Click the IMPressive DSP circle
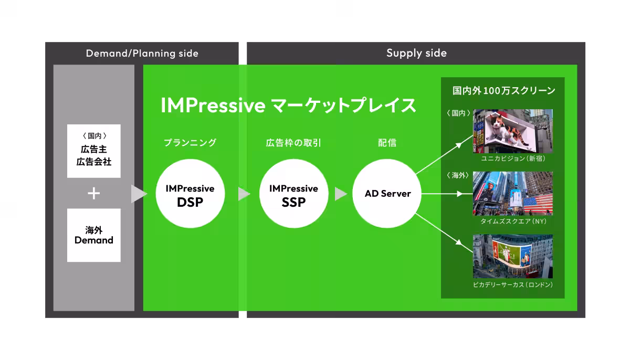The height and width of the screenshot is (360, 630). pyautogui.click(x=190, y=194)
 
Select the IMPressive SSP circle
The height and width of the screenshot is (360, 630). pyautogui.click(x=293, y=194)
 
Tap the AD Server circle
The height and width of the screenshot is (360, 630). pyautogui.click(x=387, y=194)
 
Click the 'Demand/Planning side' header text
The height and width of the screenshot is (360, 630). pyautogui.click(x=142, y=54)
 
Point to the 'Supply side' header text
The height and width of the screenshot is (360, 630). pyautogui.click(x=416, y=53)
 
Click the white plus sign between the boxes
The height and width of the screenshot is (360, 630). pyautogui.click(x=93, y=193)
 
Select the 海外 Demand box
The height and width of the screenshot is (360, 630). pyautogui.click(x=94, y=235)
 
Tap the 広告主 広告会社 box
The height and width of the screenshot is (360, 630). pyautogui.click(x=94, y=151)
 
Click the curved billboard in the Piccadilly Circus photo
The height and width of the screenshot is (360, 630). pyautogui.click(x=512, y=255)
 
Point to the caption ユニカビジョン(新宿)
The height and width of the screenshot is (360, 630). pyautogui.click(x=513, y=158)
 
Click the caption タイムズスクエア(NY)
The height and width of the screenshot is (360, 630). pyautogui.click(x=513, y=221)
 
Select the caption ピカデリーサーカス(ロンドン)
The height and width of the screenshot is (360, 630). pyautogui.click(x=513, y=284)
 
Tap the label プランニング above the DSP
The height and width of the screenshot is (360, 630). pyautogui.click(x=190, y=143)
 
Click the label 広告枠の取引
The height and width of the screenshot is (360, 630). pyautogui.click(x=293, y=143)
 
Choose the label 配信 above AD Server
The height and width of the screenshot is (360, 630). pyautogui.click(x=387, y=143)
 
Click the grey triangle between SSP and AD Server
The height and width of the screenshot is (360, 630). pyautogui.click(x=341, y=194)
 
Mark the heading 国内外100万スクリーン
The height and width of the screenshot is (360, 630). pyautogui.click(x=503, y=90)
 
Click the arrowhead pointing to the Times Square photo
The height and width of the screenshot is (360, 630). pyautogui.click(x=459, y=194)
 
